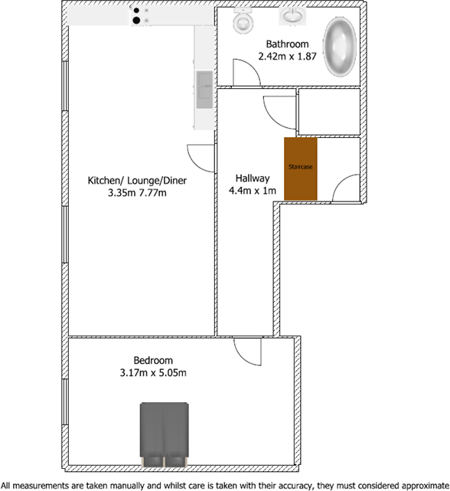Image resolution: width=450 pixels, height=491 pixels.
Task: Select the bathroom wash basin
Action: [x=292, y=17]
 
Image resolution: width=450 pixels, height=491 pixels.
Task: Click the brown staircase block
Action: [x=301, y=167]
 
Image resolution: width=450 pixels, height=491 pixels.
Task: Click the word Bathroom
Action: [x=287, y=44]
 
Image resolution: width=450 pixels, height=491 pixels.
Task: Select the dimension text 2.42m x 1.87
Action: [x=287, y=56]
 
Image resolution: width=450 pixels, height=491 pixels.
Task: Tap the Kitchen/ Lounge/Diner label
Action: [x=138, y=181]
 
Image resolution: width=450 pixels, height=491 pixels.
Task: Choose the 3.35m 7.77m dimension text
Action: [x=138, y=193]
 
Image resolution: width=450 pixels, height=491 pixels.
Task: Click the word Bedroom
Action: [x=153, y=360]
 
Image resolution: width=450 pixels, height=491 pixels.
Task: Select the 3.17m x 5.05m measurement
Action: [x=153, y=373]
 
